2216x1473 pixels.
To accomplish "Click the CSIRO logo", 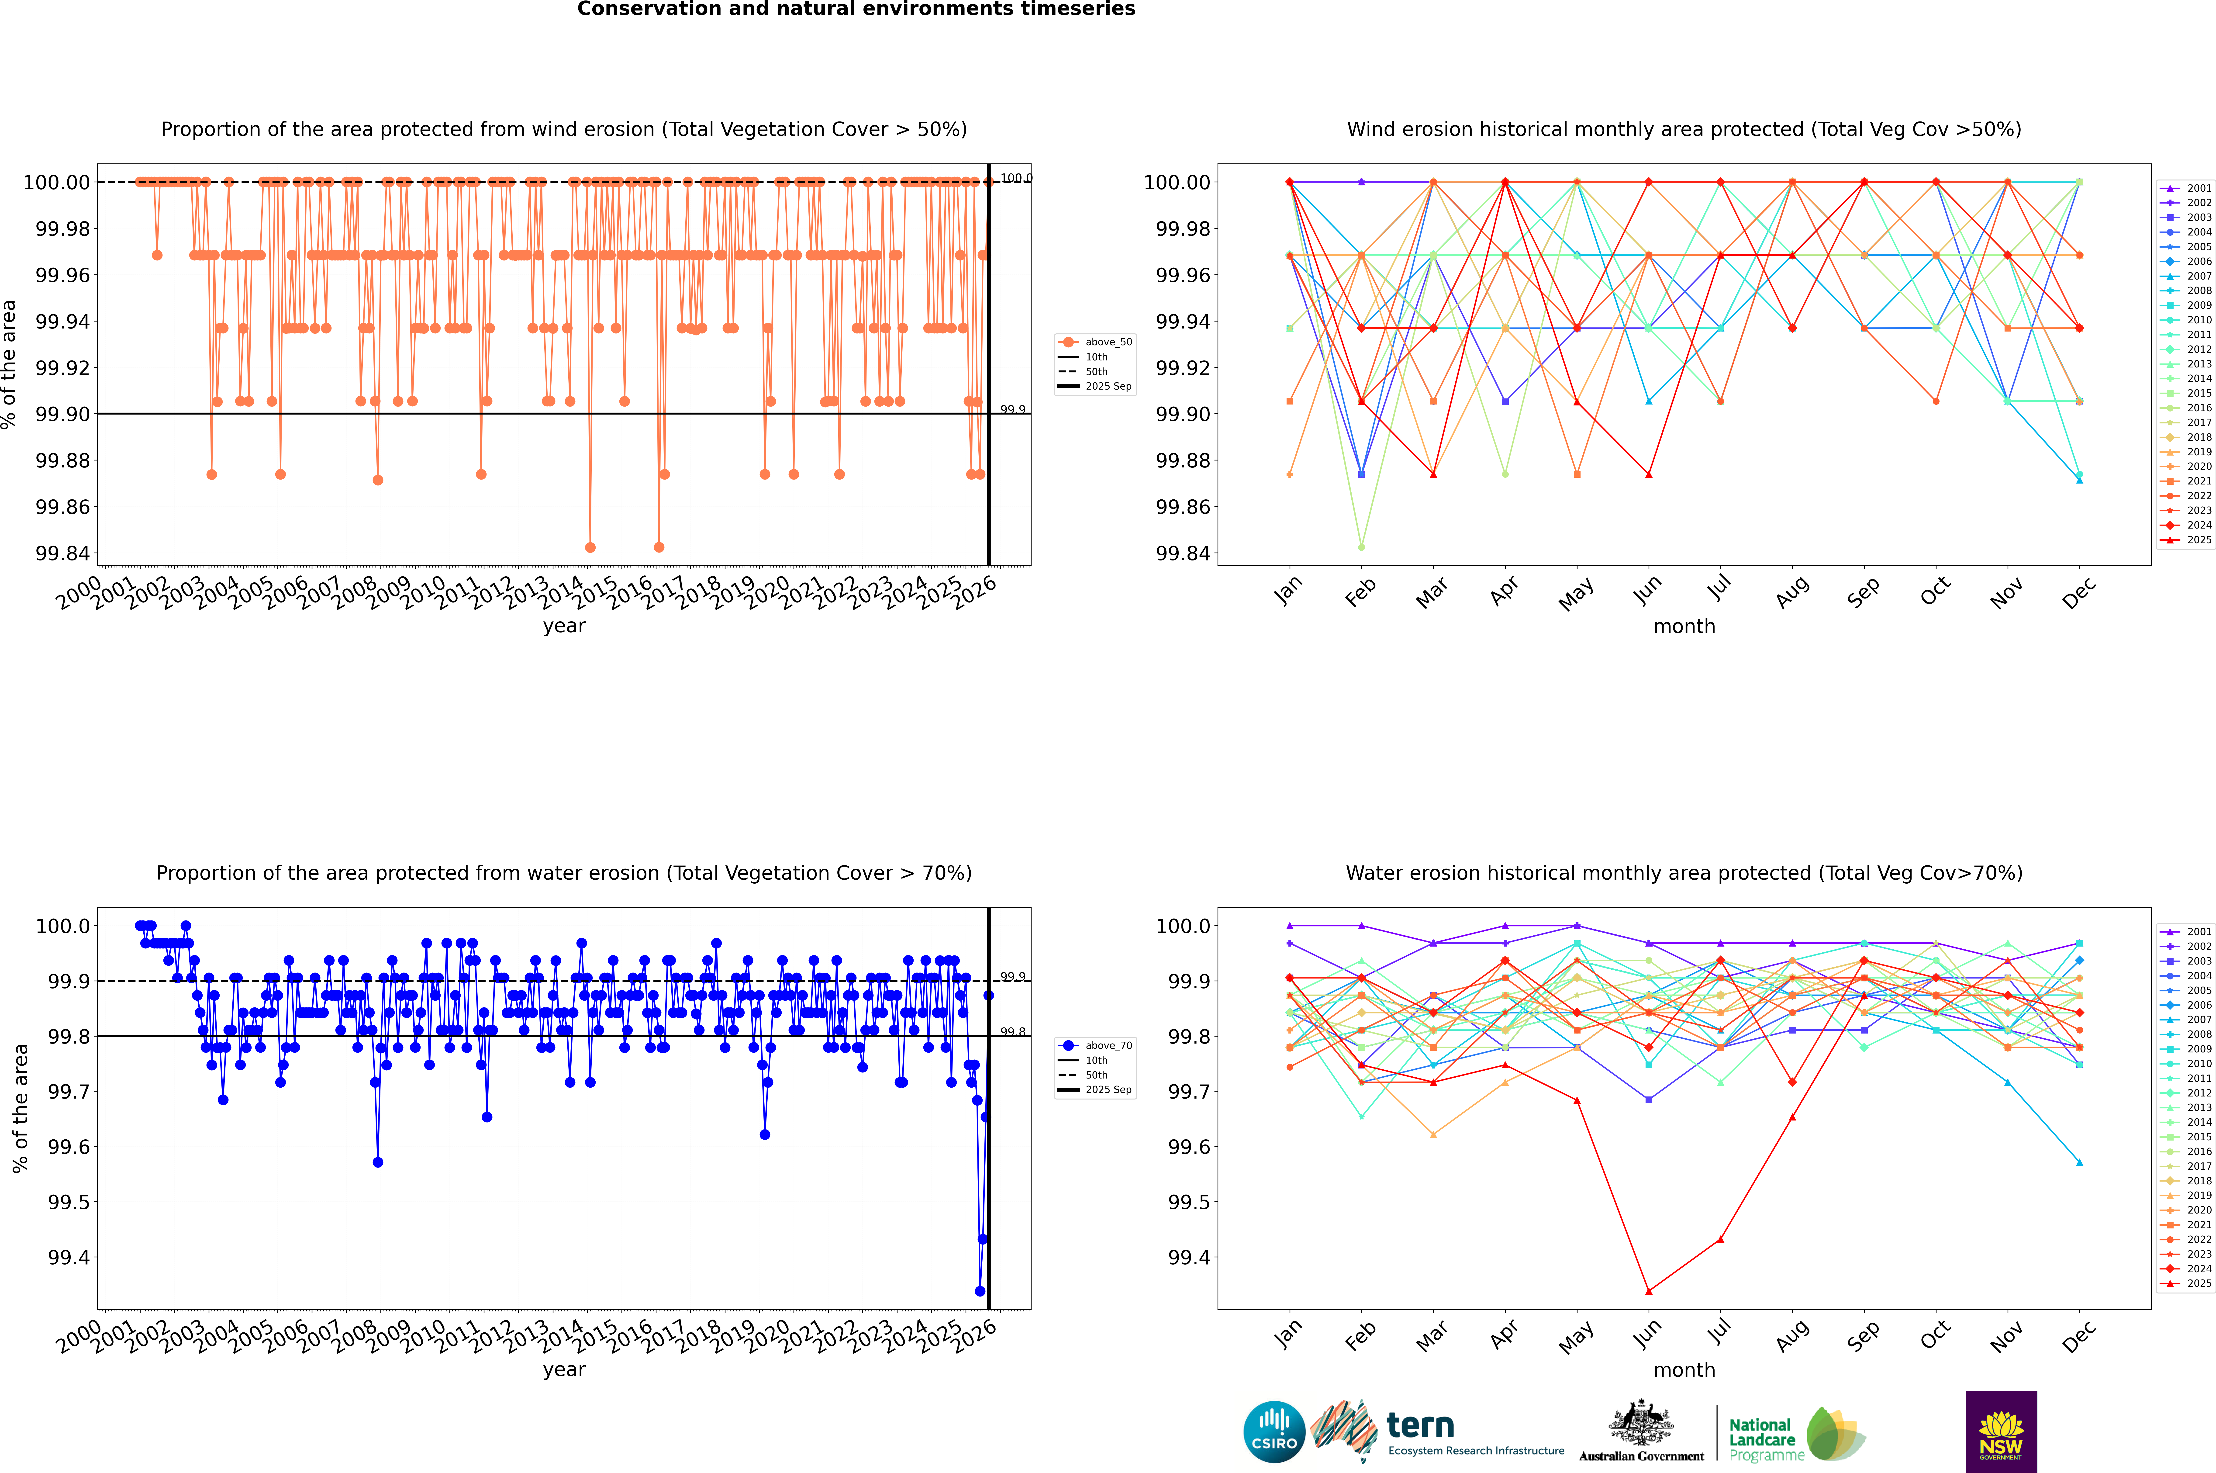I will pos(1274,1432).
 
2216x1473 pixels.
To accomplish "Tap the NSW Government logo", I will pos(2001,1432).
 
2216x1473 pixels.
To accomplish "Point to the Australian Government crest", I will pos(1641,1430).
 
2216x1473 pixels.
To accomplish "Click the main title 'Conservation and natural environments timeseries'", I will pos(856,9).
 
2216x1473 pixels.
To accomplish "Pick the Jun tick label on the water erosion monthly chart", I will pos(1647,1334).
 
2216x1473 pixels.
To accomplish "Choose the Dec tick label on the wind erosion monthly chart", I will pos(2079,592).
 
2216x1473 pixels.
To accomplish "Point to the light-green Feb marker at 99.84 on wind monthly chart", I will pos(1361,547).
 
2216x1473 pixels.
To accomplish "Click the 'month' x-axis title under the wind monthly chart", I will pos(1683,627).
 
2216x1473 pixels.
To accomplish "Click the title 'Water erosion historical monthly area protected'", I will pos(1683,873).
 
